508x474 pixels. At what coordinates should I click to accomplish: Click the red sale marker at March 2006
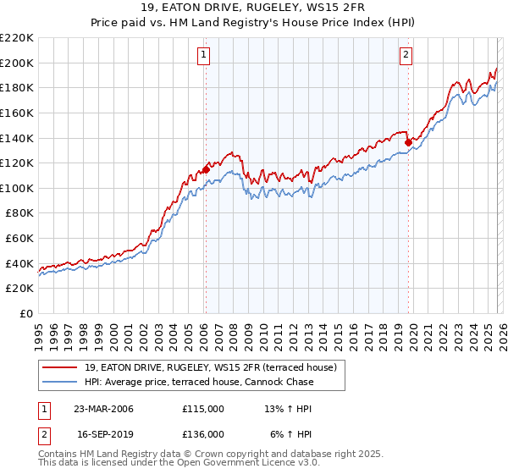[x=206, y=169]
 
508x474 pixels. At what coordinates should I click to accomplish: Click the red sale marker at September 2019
[x=408, y=142]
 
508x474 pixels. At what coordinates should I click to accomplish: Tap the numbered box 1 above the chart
[x=205, y=56]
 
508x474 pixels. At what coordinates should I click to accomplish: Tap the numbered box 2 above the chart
[x=406, y=56]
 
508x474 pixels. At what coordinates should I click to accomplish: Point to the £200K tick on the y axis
[x=17, y=63]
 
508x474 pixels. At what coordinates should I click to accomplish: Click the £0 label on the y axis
[x=25, y=313]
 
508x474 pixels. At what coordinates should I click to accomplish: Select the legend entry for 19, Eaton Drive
[x=211, y=367]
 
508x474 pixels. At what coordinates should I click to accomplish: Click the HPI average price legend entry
[x=199, y=382]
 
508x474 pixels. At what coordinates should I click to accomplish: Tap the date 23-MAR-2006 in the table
[x=103, y=409]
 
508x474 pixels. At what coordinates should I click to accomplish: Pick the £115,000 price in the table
[x=203, y=409]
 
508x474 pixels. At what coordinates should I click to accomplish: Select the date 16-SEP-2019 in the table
[x=103, y=433]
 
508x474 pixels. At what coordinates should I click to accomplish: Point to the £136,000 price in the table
[x=203, y=433]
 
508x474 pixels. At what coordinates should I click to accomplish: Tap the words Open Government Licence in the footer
[x=228, y=465]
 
